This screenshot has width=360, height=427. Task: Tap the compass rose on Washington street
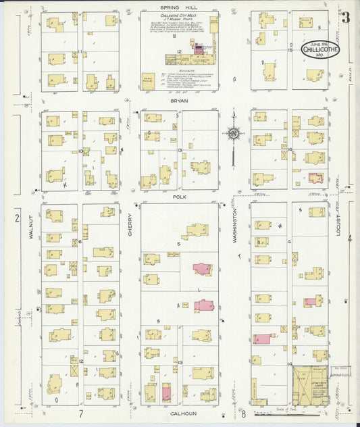233,133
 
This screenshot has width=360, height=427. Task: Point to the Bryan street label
179,100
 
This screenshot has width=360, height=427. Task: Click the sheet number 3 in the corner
344,18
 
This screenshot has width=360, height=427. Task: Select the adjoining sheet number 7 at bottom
80,413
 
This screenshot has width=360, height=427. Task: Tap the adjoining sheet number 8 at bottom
243,413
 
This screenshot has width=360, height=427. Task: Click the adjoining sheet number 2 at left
17,218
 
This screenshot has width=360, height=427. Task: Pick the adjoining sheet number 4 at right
349,238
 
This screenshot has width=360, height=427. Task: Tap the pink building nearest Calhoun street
166,393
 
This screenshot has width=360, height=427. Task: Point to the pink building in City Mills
199,49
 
